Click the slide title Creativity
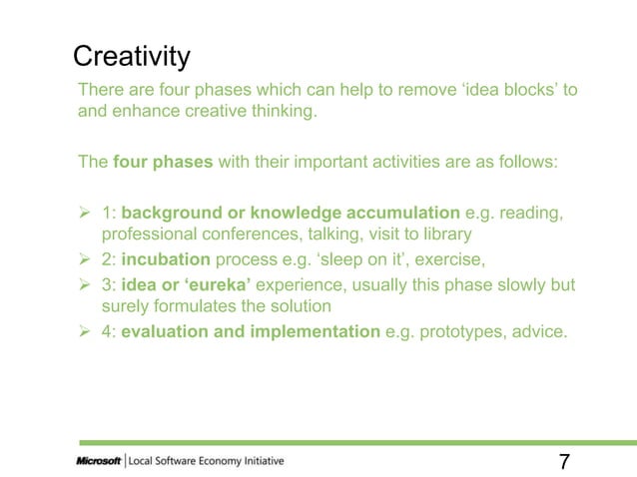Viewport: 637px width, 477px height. tap(132, 56)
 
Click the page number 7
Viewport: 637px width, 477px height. tap(564, 461)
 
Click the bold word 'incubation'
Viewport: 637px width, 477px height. tap(166, 259)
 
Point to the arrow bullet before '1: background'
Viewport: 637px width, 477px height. tap(86, 212)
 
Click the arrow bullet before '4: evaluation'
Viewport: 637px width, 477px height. tap(86, 331)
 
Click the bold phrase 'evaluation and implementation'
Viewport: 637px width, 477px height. tap(251, 331)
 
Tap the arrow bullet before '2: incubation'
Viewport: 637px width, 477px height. tap(86, 259)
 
